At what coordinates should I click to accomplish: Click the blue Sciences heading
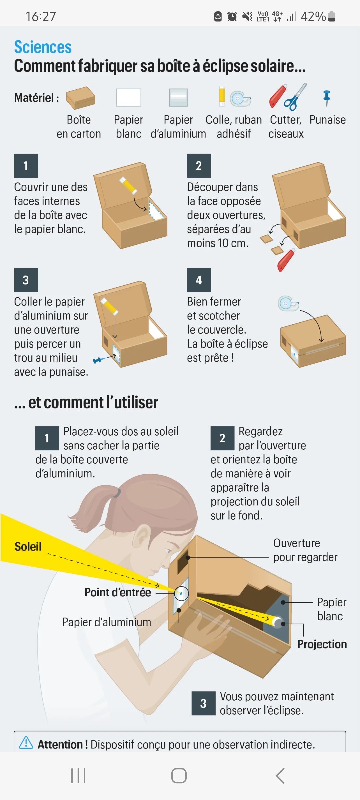[43, 47]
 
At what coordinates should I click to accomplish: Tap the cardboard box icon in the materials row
[81, 98]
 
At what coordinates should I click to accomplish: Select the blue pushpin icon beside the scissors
[327, 99]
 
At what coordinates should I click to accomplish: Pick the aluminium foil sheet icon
[178, 97]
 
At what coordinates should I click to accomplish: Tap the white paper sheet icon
[129, 97]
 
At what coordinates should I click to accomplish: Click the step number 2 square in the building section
[199, 166]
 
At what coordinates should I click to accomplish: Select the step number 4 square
[199, 280]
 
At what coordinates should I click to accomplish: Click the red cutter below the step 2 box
[286, 260]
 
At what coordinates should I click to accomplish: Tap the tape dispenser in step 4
[288, 303]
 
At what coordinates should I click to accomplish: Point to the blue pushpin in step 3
[99, 360]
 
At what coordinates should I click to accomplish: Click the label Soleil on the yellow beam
[28, 547]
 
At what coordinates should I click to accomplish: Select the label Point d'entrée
[118, 592]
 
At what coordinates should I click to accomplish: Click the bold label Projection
[322, 644]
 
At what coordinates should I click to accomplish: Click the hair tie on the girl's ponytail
[117, 492]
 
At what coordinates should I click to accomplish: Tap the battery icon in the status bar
[332, 16]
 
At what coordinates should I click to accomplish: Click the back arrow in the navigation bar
[280, 776]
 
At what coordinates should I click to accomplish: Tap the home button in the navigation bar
[179, 776]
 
